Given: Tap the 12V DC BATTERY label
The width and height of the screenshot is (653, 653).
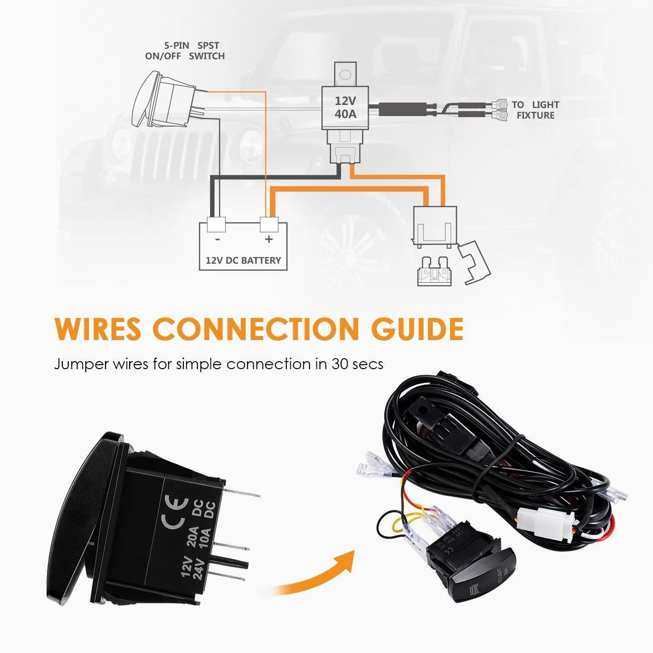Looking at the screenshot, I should click(x=243, y=261).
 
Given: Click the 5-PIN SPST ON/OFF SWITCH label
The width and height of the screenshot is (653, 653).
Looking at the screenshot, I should click(x=185, y=51).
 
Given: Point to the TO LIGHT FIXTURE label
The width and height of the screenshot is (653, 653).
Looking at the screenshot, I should click(x=535, y=110).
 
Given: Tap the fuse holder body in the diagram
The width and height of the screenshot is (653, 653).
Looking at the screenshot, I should click(x=435, y=226).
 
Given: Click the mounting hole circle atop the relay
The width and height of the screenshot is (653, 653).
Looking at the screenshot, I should click(x=345, y=74).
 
